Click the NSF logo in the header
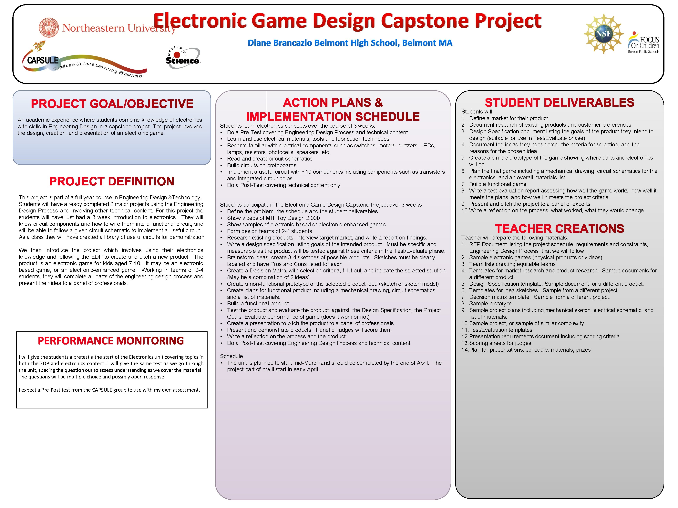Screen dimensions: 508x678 coord(603,34)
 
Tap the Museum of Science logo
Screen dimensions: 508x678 coord(183,58)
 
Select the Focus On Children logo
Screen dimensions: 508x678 coord(643,43)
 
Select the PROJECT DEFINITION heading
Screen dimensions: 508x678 coord(112,181)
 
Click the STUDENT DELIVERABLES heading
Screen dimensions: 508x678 coord(559,103)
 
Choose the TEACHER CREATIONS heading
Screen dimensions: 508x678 coord(559,229)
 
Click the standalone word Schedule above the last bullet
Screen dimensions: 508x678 coord(231,356)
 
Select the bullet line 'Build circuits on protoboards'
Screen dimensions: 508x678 coord(262,165)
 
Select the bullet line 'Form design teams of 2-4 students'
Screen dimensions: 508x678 coord(269,231)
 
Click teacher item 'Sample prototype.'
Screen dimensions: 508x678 coord(491,303)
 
